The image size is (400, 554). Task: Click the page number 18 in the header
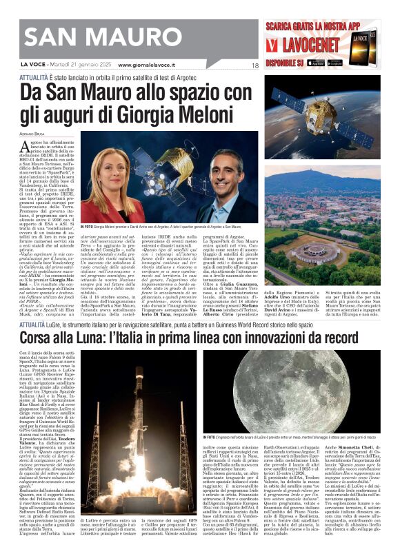(x=254, y=65)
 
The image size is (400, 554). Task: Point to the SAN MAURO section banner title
(x=76, y=35)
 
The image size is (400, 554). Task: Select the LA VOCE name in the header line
(x=31, y=65)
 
